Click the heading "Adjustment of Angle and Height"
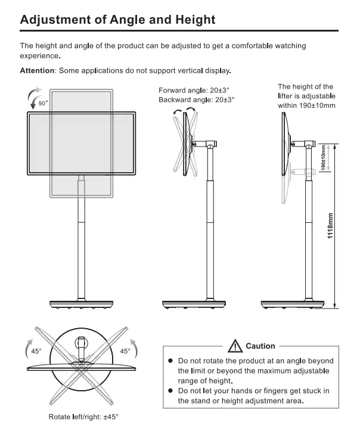tap(117, 19)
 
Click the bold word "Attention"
tap(37, 71)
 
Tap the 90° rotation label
tap(43, 103)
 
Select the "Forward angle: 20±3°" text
tap(194, 90)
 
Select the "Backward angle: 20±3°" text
tap(197, 99)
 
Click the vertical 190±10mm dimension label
tap(322, 159)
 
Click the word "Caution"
tap(260, 346)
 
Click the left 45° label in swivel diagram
tap(36, 351)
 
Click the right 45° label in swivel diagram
tap(125, 351)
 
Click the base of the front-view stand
tap(81, 303)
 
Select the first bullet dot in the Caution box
tap(170, 361)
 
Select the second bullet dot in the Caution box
tap(170, 391)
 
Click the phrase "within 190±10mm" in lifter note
tap(307, 105)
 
